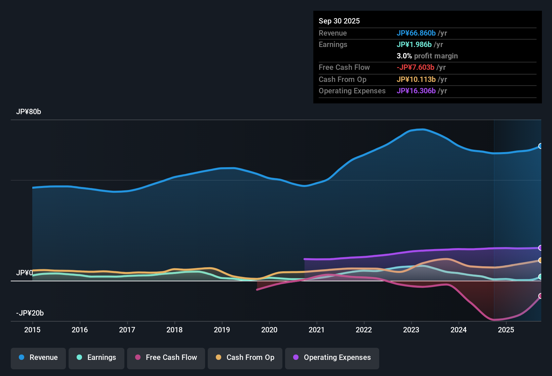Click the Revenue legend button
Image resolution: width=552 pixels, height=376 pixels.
[x=38, y=358]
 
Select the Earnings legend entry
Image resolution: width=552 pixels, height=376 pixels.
[x=96, y=358]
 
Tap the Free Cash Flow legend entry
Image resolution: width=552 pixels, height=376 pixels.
[x=166, y=358]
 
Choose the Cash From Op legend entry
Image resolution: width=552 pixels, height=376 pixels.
[x=245, y=358]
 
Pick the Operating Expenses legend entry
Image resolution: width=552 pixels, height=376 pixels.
[x=332, y=358]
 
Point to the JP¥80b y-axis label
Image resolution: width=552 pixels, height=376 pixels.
[x=29, y=112]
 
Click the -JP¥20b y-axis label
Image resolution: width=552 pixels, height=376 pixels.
[x=30, y=313]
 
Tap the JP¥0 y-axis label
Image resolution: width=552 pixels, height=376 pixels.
[x=24, y=273]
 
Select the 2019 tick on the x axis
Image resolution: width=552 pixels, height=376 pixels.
[x=222, y=330]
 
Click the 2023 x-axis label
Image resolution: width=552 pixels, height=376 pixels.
[x=411, y=330]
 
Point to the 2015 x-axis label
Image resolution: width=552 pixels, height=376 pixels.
[x=32, y=330]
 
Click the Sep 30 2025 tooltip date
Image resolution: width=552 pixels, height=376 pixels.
[x=339, y=21]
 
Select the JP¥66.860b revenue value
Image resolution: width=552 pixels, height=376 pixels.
[x=416, y=33]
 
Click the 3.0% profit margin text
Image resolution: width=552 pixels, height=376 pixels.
[x=427, y=56]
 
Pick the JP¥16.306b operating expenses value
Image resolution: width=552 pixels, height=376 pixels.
[x=416, y=91]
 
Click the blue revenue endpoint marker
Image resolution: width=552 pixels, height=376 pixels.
[x=541, y=146]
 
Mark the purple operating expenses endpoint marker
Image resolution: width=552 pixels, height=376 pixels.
[x=541, y=248]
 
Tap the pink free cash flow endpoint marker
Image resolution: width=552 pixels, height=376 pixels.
[x=541, y=296]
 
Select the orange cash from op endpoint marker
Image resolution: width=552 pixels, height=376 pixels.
[x=541, y=260]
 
